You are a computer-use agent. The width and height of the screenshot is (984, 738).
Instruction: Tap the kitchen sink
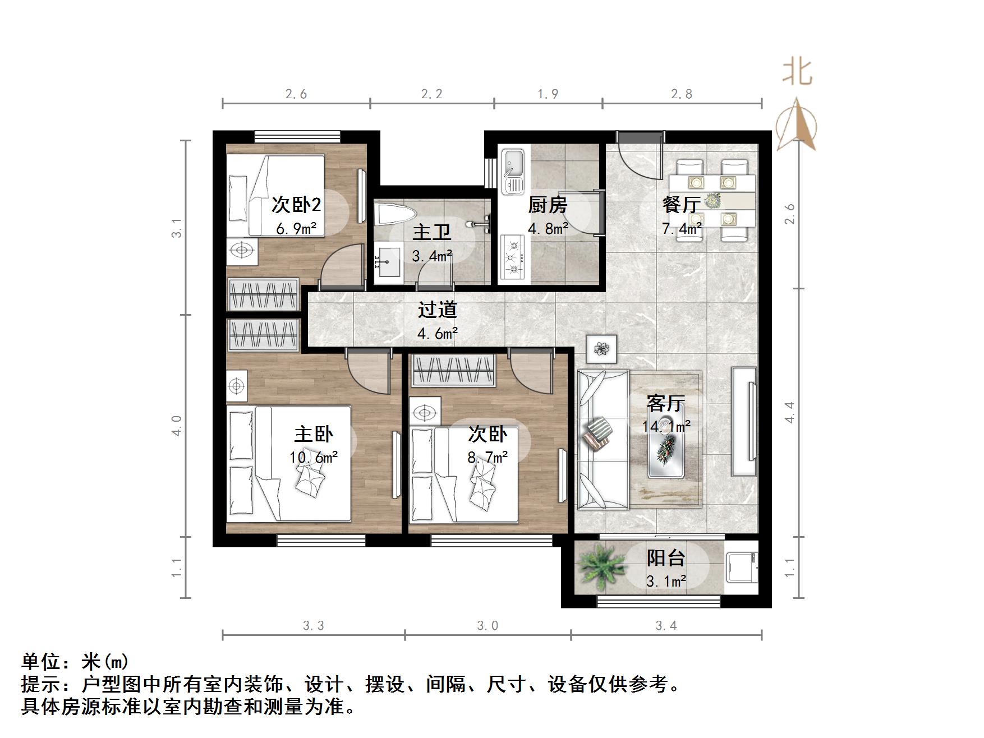coord(512,172)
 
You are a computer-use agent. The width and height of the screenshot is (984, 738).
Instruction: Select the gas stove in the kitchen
coord(513,257)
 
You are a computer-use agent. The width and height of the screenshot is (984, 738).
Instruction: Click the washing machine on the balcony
coord(741,567)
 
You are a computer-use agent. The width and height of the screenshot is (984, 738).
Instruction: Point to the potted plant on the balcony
coord(601,568)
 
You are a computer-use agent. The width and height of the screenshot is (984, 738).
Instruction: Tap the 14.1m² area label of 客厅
coord(666,426)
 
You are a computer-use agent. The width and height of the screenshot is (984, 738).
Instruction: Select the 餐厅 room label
coord(680,204)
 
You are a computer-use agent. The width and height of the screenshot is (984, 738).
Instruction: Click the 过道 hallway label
coord(437,310)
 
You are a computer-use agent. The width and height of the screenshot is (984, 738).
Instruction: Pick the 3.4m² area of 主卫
coord(432,256)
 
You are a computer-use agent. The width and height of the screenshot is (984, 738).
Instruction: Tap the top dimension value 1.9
coord(548,94)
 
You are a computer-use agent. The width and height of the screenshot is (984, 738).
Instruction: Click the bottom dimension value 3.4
coord(666,625)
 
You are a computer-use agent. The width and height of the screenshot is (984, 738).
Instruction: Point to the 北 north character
coord(797,72)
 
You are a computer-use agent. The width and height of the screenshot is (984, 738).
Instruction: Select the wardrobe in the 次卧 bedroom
coord(454,370)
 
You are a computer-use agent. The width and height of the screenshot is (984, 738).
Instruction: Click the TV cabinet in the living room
coord(744,421)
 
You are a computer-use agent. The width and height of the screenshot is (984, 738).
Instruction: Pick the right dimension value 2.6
coord(790,214)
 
